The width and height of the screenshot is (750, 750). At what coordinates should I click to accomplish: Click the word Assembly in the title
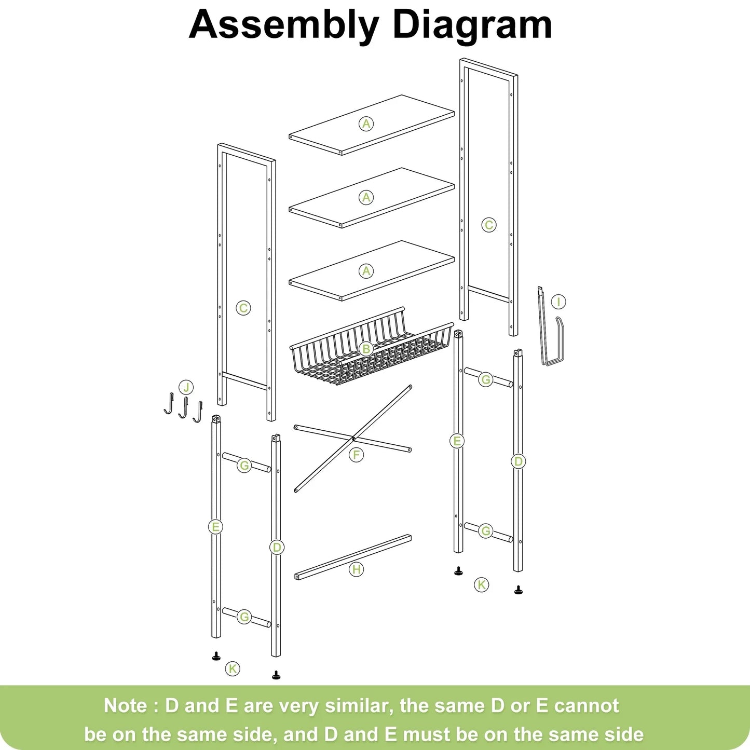click(284, 25)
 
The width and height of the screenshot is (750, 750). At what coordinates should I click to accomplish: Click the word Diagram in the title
click(472, 25)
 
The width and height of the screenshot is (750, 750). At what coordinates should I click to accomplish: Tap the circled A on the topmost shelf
click(366, 124)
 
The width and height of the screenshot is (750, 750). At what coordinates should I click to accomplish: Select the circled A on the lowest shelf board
click(366, 271)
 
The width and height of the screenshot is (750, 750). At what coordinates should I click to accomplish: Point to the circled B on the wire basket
click(366, 349)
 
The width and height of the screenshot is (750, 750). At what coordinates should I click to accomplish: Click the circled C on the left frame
click(243, 308)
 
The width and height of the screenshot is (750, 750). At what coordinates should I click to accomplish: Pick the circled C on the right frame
click(488, 225)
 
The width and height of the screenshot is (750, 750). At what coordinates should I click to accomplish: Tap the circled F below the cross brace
click(356, 455)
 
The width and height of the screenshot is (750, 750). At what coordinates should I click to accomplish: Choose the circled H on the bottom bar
click(356, 569)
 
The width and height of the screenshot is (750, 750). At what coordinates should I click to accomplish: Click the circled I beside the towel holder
click(558, 302)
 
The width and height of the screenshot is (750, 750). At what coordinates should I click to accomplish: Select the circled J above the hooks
click(186, 387)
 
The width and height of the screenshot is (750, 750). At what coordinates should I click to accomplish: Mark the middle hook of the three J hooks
click(183, 408)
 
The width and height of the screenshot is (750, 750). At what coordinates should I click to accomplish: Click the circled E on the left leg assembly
click(215, 527)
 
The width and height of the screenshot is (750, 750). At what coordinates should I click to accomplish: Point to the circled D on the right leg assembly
click(518, 461)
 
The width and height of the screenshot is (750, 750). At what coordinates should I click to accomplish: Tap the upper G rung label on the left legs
click(244, 466)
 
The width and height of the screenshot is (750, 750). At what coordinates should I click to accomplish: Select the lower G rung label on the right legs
click(486, 531)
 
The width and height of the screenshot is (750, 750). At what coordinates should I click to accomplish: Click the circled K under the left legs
click(233, 669)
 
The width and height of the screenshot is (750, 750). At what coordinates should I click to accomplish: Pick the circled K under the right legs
click(482, 585)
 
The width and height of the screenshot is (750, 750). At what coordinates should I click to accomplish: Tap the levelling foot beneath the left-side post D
click(276, 675)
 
